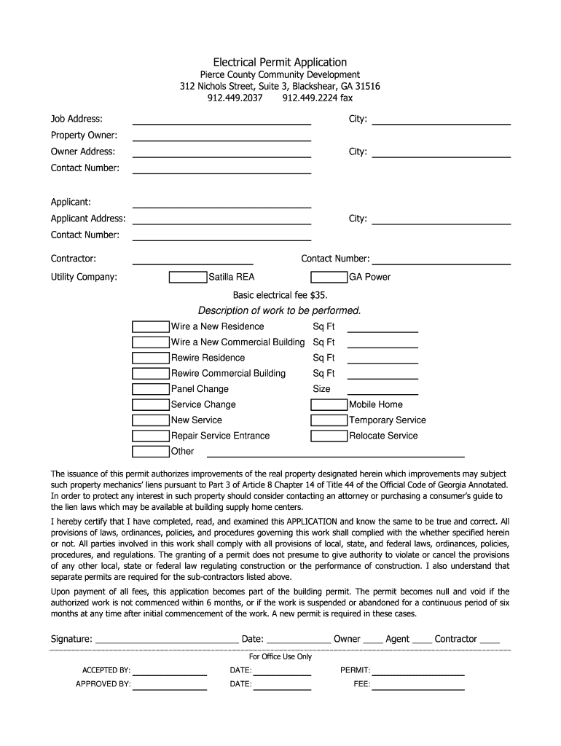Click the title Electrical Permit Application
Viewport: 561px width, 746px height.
pyautogui.click(x=280, y=63)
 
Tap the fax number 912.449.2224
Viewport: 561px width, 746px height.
pyautogui.click(x=317, y=98)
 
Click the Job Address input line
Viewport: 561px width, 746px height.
pyautogui.click(x=221, y=119)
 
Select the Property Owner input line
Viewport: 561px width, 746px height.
pyautogui.click(x=221, y=136)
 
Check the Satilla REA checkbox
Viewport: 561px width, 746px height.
pyautogui.click(x=187, y=277)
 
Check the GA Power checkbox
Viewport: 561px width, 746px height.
pyautogui.click(x=329, y=277)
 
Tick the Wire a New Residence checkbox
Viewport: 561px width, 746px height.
pyautogui.click(x=150, y=326)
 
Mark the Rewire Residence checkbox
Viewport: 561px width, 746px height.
pyautogui.click(x=150, y=358)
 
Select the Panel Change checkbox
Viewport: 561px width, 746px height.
pyautogui.click(x=150, y=389)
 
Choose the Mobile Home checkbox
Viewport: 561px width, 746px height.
pyautogui.click(x=329, y=404)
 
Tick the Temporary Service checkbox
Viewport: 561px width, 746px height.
pyautogui.click(x=329, y=420)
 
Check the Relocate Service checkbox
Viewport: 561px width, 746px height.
pyautogui.click(x=329, y=436)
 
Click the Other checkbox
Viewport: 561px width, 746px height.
pyautogui.click(x=150, y=452)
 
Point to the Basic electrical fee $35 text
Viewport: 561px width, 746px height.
pyautogui.click(x=280, y=295)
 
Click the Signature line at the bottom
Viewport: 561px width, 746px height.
pyautogui.click(x=167, y=640)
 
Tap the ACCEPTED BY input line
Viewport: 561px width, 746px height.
pyautogui.click(x=170, y=670)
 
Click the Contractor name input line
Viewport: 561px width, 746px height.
pyautogui.click(x=192, y=259)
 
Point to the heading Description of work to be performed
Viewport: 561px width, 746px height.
pyautogui.click(x=280, y=311)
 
